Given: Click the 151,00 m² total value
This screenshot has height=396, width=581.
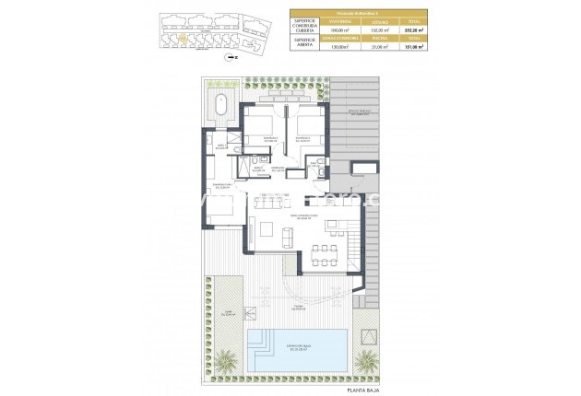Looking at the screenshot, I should [414, 47].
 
